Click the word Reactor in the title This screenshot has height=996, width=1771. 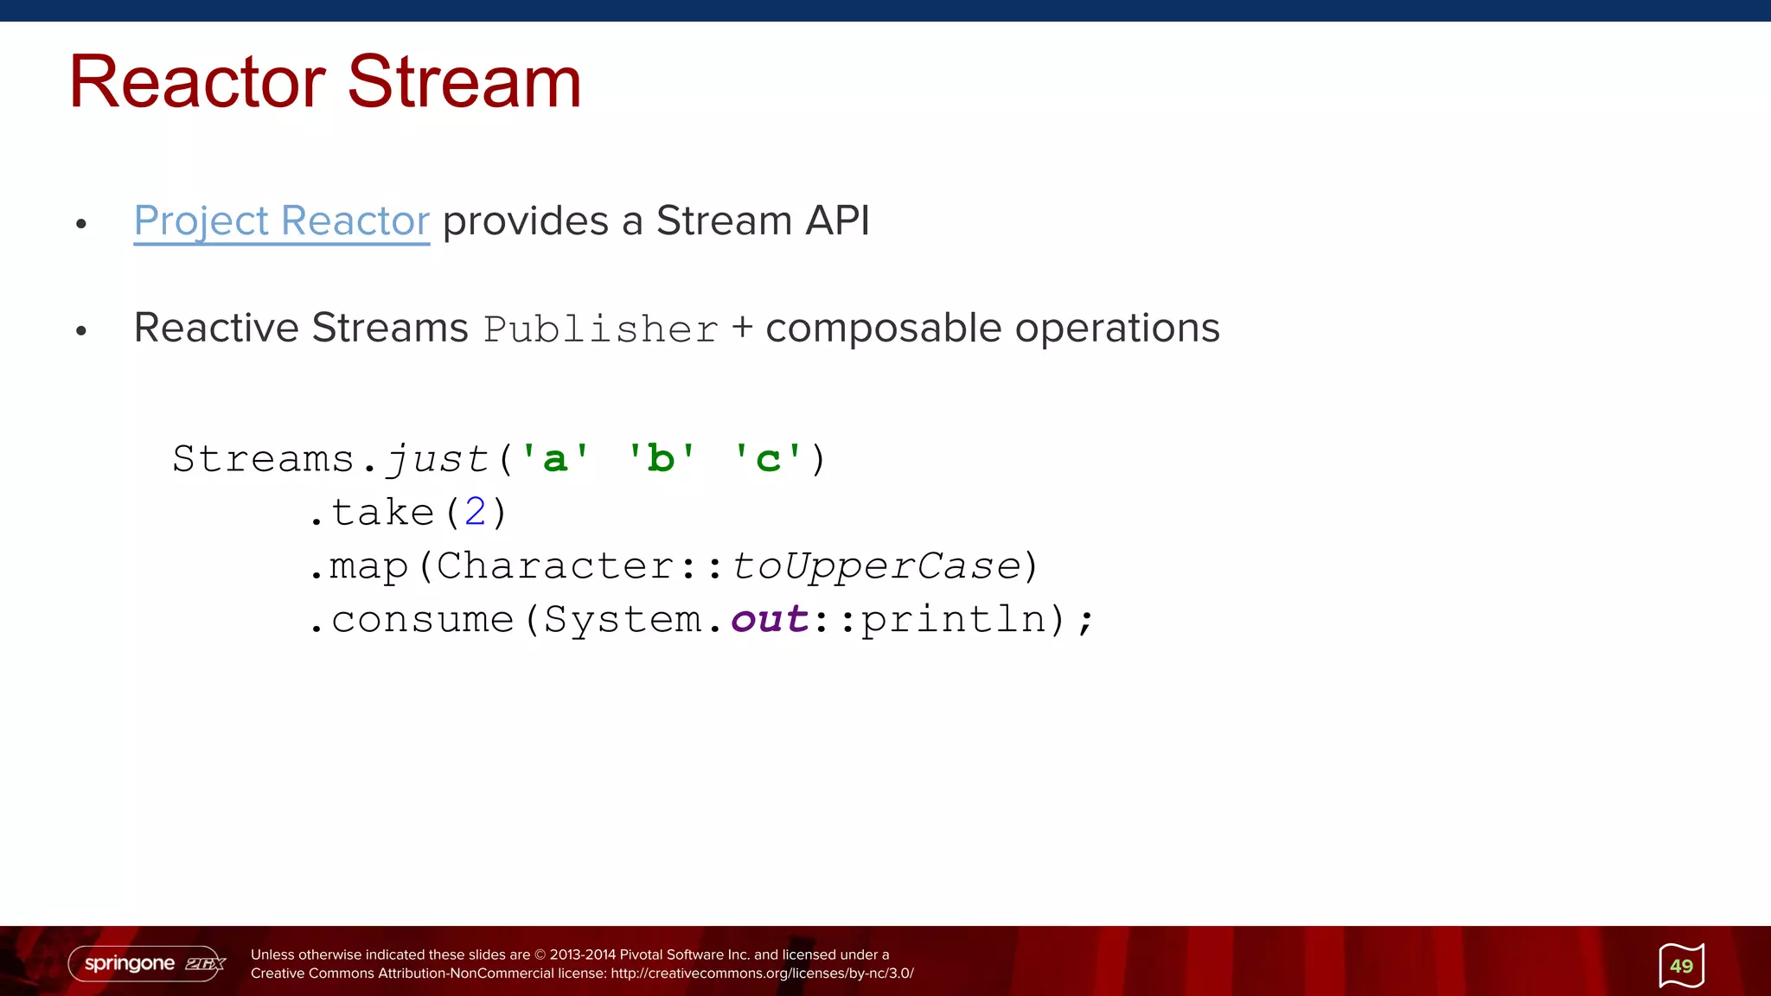pyautogui.click(x=197, y=82)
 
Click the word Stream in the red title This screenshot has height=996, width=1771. pyautogui.click(x=464, y=82)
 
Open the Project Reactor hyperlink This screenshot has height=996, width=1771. pyautogui.click(x=281, y=220)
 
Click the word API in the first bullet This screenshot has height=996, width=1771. pyautogui.click(x=836, y=220)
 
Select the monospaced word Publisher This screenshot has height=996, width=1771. pyautogui.click(x=601, y=329)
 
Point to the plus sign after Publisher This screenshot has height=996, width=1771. pyautogui.click(x=742, y=328)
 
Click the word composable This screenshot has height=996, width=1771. pyautogui.click(x=883, y=329)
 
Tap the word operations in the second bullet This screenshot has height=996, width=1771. pyautogui.click(x=1116, y=329)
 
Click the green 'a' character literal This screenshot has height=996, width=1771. pyautogui.click(x=554, y=458)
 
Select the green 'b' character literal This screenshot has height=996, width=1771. pyautogui.click(x=661, y=458)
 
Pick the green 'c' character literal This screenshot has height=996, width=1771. pyautogui.click(x=767, y=458)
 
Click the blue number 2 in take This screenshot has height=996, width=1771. pyautogui.click(x=476, y=512)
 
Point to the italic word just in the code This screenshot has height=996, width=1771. pyautogui.click(x=437, y=458)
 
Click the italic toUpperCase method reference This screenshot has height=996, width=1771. pyautogui.click(x=876, y=565)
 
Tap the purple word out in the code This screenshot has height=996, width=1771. pyautogui.click(x=770, y=619)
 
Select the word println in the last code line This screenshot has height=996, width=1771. pyautogui.click(x=954, y=619)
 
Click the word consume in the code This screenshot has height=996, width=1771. pyautogui.click(x=423, y=619)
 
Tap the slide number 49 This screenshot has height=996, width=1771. pyautogui.click(x=1681, y=966)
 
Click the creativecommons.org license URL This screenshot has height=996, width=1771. pyautogui.click(x=762, y=974)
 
